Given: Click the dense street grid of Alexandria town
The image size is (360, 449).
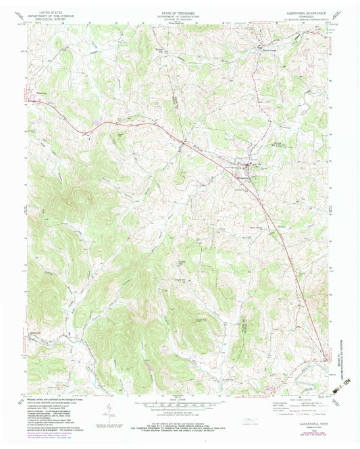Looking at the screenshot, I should coord(249,165).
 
